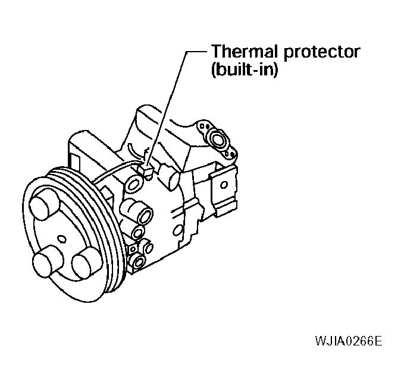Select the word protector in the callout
point(322,53)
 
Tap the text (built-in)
point(245,69)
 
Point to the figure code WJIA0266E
point(349,341)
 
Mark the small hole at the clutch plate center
point(61,239)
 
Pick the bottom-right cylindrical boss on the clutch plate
point(86,263)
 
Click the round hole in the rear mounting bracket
point(224,185)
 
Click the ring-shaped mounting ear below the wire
point(134,184)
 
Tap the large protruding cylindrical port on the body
point(137,211)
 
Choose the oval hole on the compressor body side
point(178,230)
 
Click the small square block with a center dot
point(133,249)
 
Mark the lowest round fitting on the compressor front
point(139,262)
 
